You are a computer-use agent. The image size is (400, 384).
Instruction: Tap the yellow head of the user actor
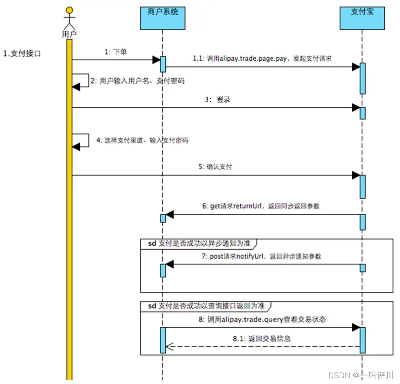70,10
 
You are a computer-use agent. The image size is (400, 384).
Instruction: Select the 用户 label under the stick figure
70,34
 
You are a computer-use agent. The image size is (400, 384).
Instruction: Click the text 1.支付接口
22,54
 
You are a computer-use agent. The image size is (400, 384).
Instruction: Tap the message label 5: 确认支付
216,167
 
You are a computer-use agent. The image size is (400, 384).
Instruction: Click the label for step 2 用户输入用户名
137,81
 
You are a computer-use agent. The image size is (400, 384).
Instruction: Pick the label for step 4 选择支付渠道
142,140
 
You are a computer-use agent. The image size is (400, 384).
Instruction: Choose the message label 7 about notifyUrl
261,256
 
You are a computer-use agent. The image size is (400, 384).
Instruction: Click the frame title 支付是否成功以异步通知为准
199,243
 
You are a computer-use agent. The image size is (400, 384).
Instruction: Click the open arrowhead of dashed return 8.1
169,347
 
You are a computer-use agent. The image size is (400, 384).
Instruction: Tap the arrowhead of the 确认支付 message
356,176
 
